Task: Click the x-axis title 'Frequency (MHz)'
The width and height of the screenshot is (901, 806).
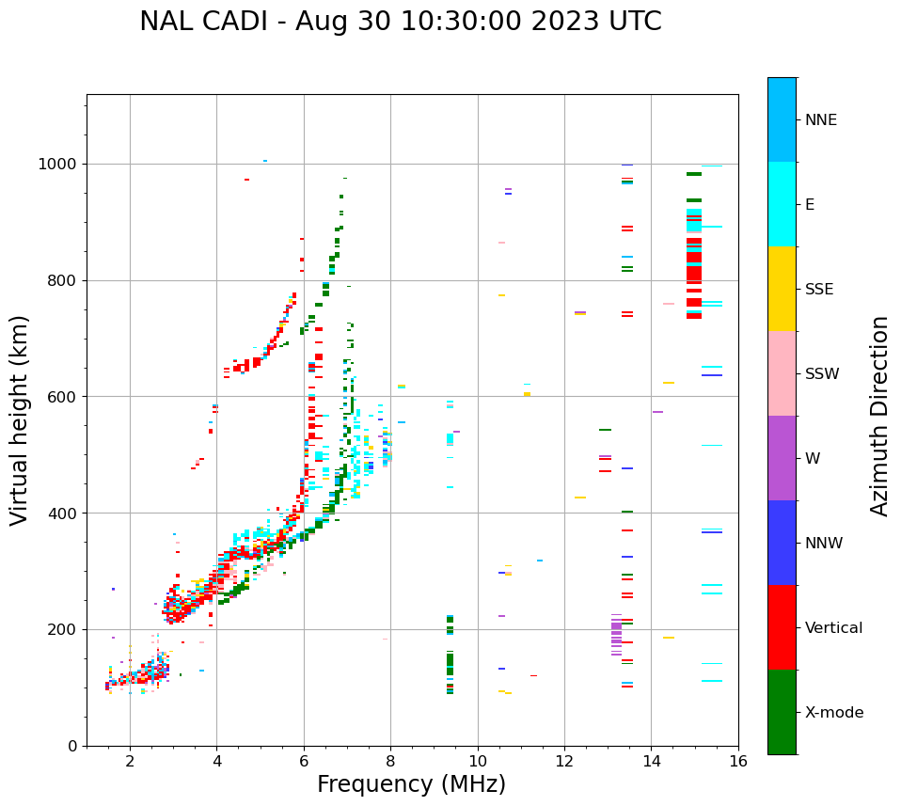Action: [411, 784]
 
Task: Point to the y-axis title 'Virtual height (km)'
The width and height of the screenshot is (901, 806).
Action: [20, 419]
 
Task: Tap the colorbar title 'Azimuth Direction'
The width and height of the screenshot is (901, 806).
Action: [879, 416]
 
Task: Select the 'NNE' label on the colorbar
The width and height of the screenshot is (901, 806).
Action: [820, 120]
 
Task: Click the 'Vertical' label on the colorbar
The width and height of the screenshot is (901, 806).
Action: [833, 628]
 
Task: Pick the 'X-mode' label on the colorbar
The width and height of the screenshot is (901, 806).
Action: [833, 713]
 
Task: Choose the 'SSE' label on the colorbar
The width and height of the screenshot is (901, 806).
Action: [818, 290]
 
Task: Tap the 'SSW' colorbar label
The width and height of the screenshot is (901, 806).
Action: [821, 374]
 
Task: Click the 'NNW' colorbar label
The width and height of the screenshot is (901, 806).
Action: [823, 544]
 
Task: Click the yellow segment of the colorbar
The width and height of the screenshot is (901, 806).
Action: [782, 289]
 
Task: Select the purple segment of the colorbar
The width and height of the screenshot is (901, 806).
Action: [782, 458]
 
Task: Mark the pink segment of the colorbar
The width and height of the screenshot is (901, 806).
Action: [782, 373]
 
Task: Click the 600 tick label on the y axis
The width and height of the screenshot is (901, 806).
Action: [64, 397]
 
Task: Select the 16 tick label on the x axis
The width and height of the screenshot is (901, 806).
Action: [738, 761]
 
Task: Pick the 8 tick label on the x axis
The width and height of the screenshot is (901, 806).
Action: [390, 761]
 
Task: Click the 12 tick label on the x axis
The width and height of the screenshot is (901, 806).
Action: [564, 761]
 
